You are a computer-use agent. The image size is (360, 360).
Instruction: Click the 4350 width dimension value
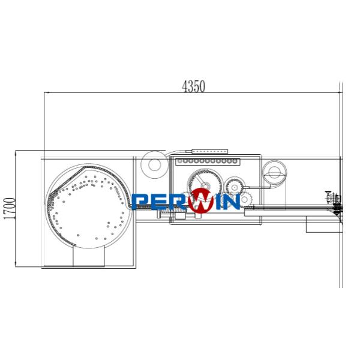[x=194, y=86]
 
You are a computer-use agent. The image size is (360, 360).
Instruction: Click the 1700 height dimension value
[x=8, y=210]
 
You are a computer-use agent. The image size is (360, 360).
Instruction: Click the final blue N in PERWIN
[x=232, y=202]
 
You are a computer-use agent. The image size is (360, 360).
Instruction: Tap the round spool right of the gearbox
[x=274, y=173]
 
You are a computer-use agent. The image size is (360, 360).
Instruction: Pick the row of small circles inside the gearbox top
[x=210, y=161]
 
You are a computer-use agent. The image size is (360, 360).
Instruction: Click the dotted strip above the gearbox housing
[x=207, y=151]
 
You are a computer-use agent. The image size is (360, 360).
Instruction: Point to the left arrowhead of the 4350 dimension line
[x=44, y=93]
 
